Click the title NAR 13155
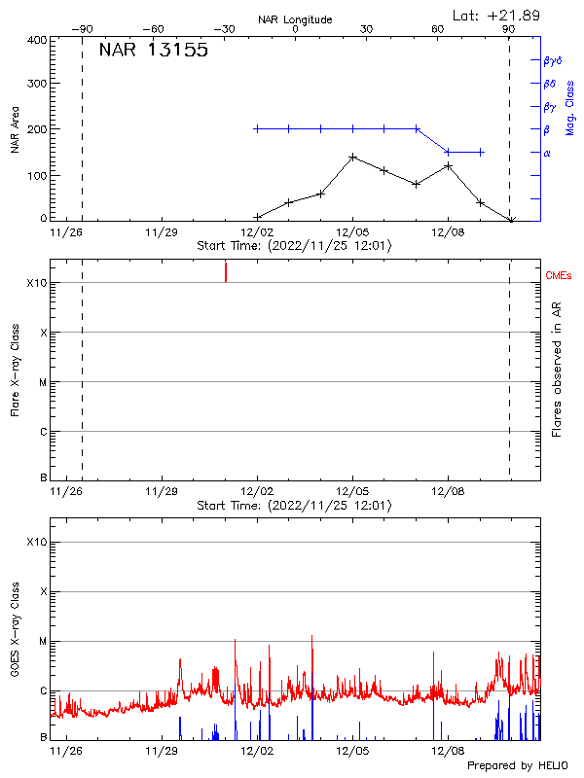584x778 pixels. click(154, 52)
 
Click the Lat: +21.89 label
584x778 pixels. click(497, 16)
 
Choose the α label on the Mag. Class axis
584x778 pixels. click(547, 153)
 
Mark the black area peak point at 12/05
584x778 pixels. click(352, 157)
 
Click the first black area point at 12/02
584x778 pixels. click(257, 217)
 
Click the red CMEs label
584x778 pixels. click(559, 276)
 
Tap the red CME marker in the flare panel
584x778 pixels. click(226, 271)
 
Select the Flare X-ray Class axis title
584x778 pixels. click(16, 371)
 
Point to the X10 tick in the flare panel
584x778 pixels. click(37, 283)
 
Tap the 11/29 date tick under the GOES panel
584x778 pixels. click(162, 751)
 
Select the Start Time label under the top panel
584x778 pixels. click(294, 246)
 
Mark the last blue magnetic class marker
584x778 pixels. click(480, 152)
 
